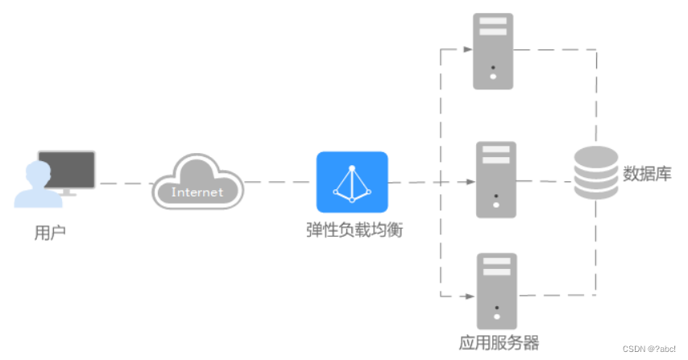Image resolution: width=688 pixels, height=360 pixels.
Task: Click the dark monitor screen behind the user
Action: (68, 168)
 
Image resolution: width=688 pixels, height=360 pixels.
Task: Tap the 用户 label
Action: (50, 234)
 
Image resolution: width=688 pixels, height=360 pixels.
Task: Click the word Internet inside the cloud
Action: (197, 192)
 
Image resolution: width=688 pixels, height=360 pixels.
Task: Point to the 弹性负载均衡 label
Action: (354, 230)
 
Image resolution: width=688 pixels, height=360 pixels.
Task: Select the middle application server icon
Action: (495, 180)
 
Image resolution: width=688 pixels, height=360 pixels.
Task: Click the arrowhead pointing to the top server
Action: (468, 49)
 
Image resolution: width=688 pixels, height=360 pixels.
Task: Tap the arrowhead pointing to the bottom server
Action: (468, 295)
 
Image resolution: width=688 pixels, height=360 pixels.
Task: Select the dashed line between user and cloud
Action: (124, 184)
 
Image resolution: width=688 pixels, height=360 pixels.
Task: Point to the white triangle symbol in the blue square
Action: (352, 183)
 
